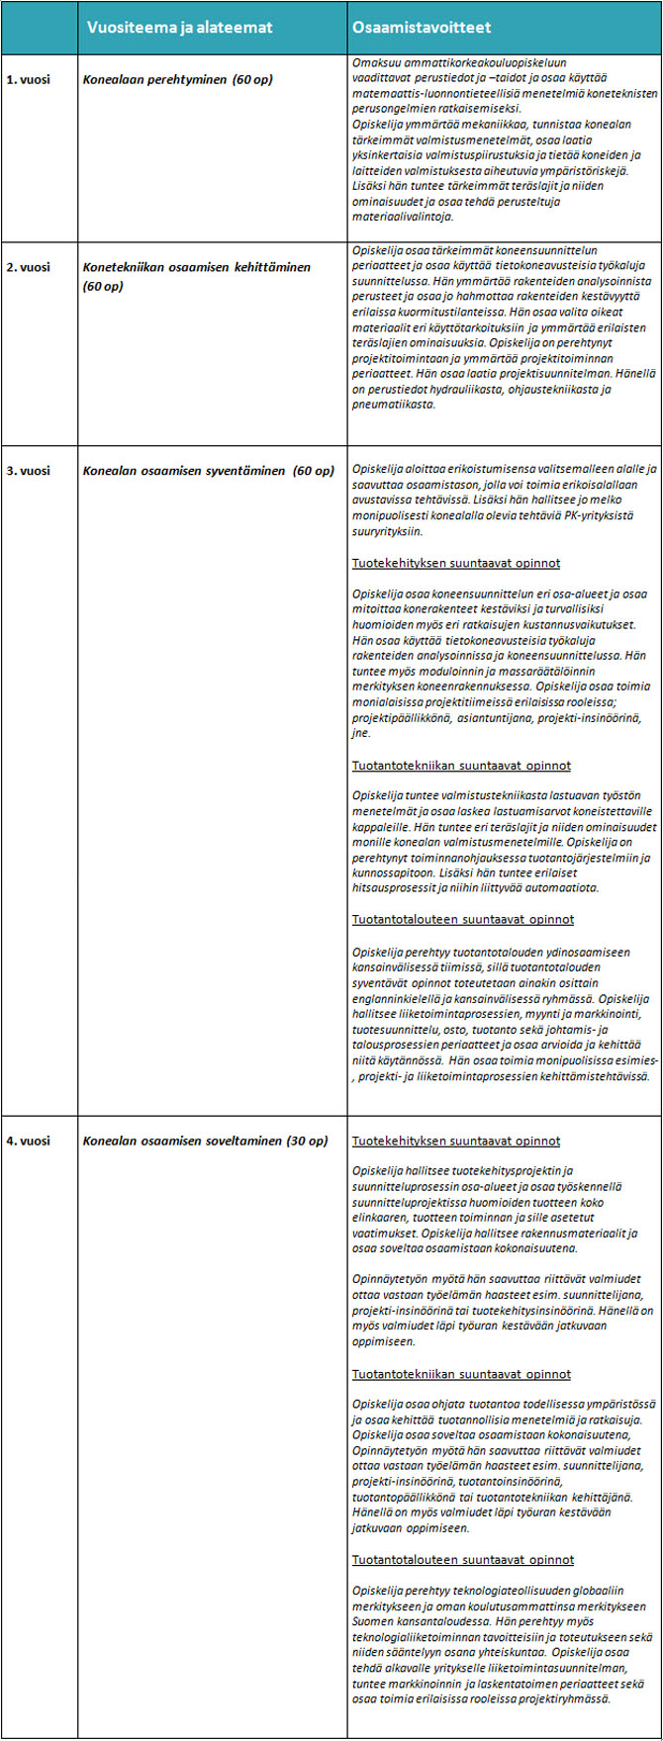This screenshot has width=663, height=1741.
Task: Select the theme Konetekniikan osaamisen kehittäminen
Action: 196,267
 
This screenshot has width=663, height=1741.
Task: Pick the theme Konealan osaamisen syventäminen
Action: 208,471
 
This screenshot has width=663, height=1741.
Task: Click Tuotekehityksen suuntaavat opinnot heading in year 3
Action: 456,563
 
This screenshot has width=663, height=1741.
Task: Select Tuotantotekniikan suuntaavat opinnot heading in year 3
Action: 461,765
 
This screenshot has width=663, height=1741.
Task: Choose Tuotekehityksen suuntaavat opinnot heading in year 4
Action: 456,1141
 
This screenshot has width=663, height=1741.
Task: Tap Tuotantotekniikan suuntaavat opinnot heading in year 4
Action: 461,1374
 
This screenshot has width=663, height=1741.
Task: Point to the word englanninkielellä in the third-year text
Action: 402,999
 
